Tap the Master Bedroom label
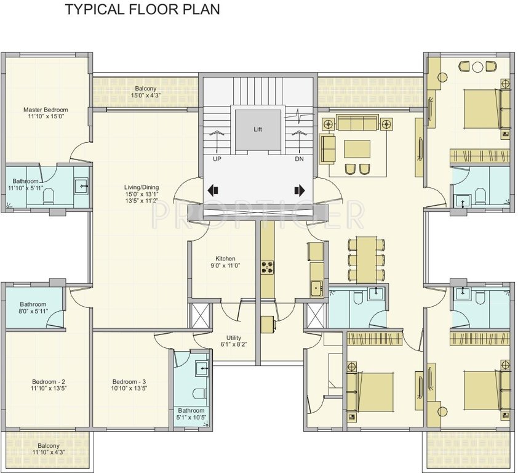[46, 113]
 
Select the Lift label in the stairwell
[258, 129]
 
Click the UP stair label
[217, 158]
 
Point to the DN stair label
[300, 158]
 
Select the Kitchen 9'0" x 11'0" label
[225, 262]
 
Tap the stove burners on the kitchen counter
[268, 267]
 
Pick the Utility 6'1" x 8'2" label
[233, 341]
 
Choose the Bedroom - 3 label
[129, 384]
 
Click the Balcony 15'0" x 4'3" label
[145, 92]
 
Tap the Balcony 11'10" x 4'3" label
[48, 449]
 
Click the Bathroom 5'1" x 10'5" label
[191, 414]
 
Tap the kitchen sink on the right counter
[316, 287]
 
